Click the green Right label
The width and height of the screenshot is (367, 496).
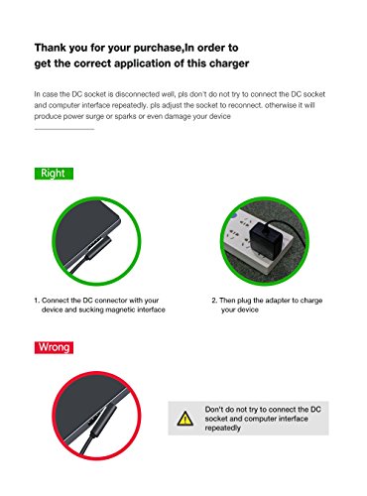(x=54, y=174)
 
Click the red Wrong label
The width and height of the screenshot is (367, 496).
(x=54, y=347)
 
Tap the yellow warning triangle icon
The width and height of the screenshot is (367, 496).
(x=185, y=419)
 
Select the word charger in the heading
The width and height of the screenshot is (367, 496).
(x=229, y=63)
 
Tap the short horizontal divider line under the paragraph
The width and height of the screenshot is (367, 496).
(x=64, y=129)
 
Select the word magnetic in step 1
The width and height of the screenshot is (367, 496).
(x=119, y=310)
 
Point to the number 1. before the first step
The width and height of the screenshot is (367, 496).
(x=37, y=301)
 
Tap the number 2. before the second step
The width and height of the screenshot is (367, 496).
(x=214, y=301)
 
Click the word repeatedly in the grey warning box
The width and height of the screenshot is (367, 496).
(x=222, y=428)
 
